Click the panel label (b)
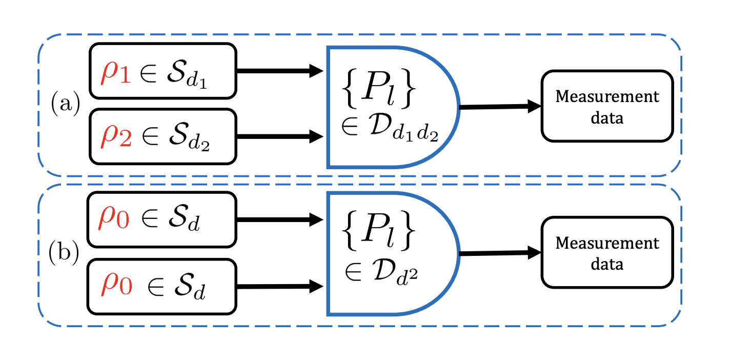64,252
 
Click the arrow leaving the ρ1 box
279,72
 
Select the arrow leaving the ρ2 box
279,137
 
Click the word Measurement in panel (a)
607,97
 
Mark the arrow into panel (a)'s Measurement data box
500,107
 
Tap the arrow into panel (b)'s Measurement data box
500,253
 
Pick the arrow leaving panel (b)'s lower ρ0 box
279,287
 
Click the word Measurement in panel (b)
607,243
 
